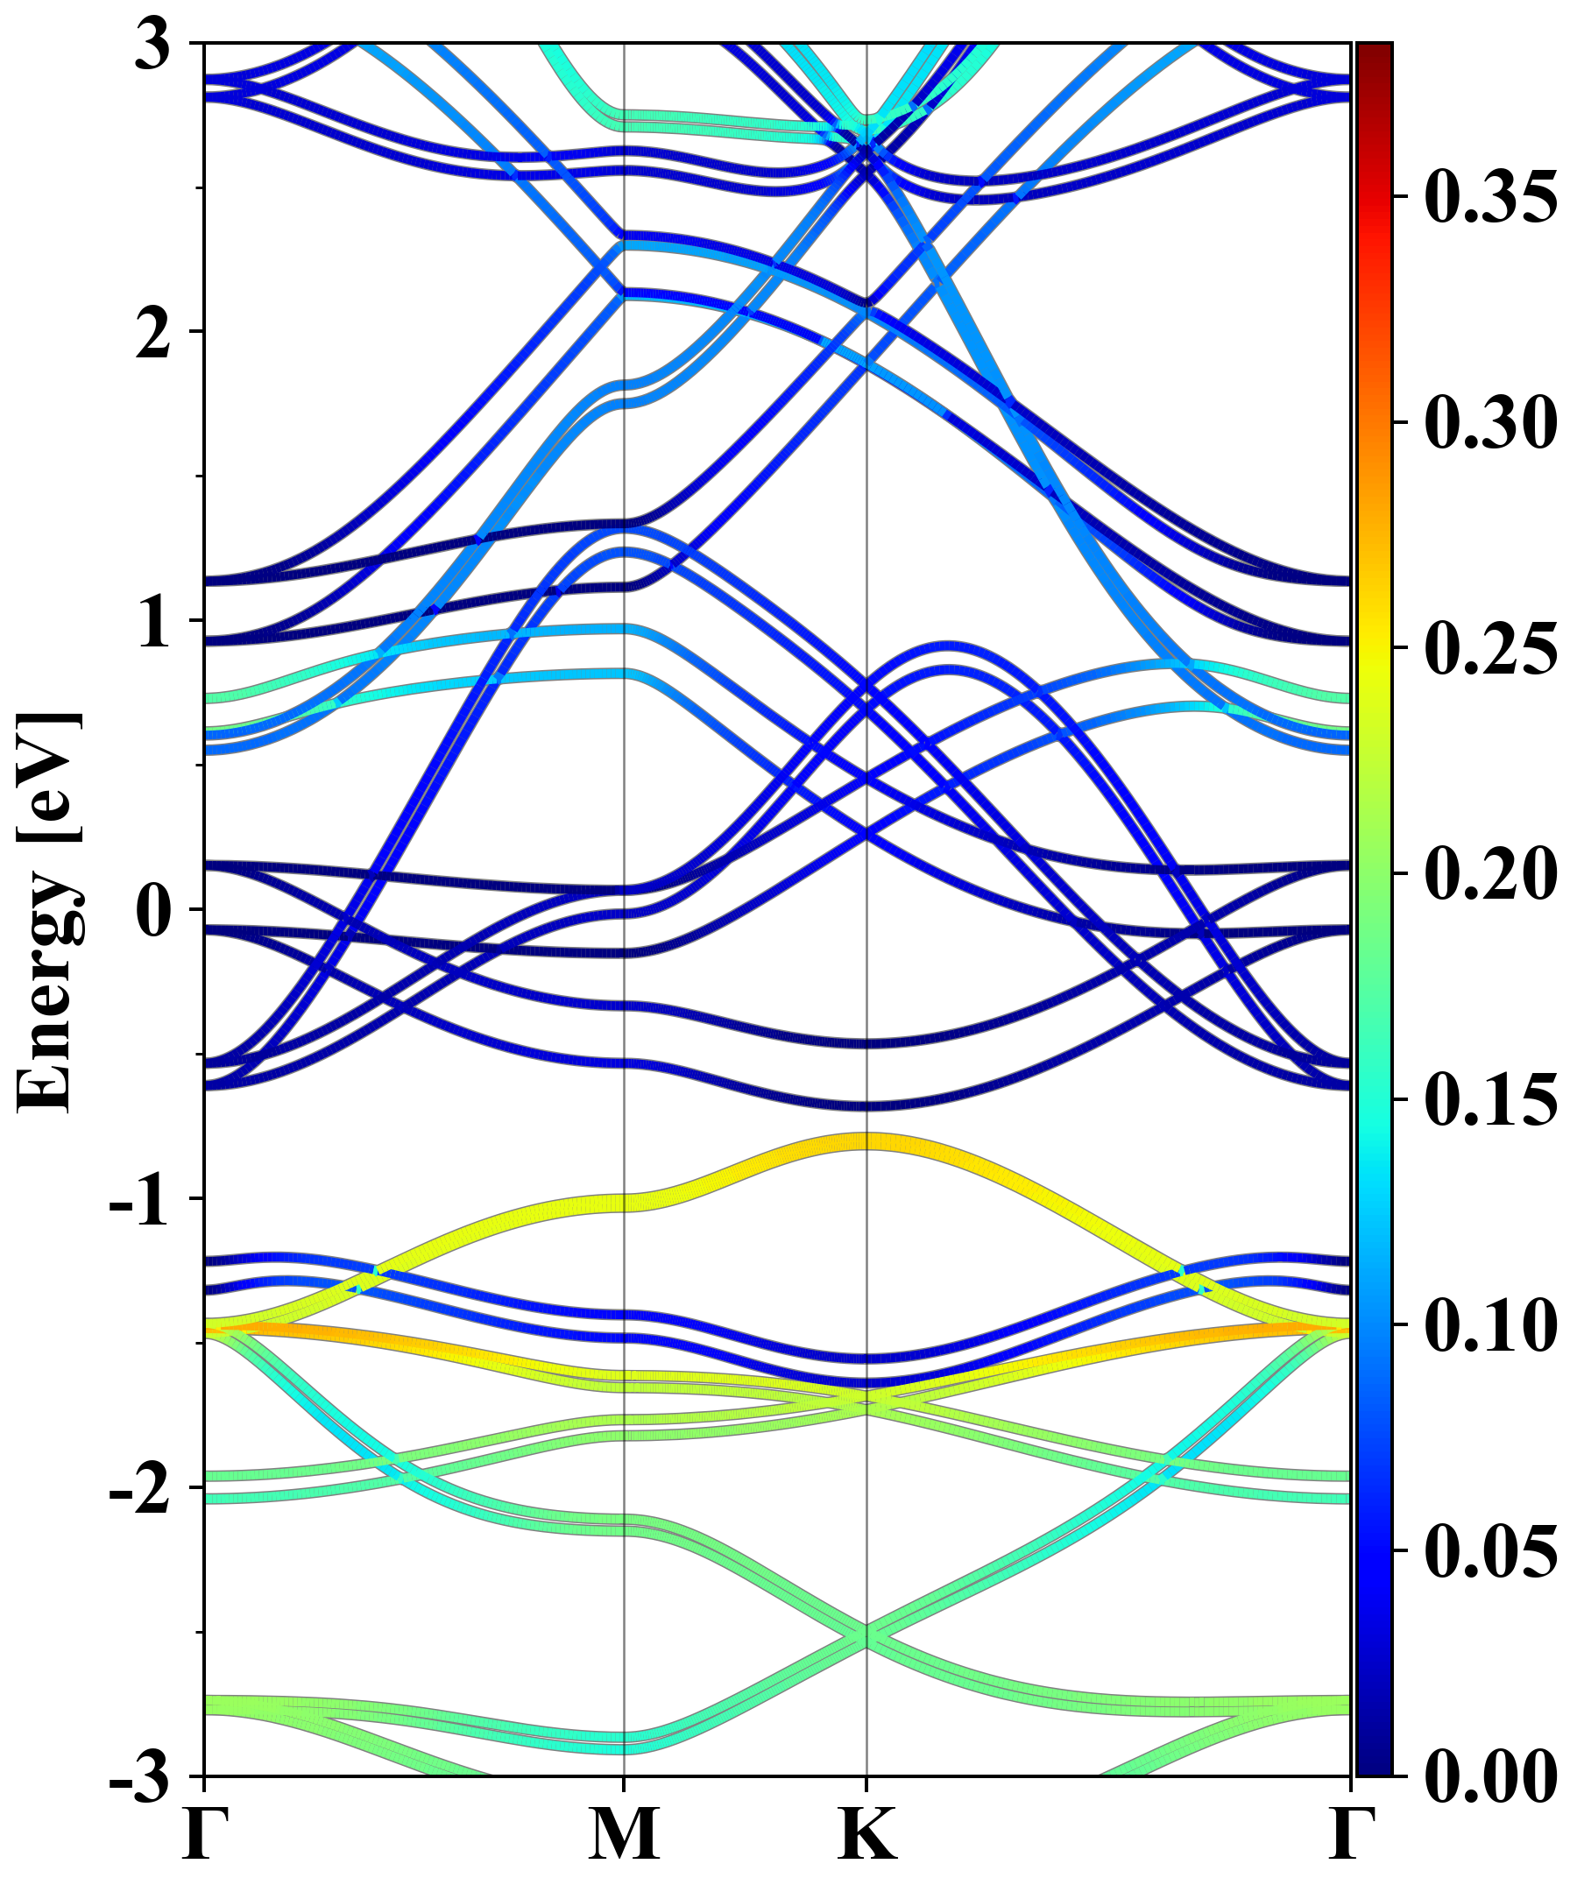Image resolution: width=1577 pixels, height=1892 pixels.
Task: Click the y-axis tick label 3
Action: tap(153, 45)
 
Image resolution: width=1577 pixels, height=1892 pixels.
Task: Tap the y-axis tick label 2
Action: tap(153, 334)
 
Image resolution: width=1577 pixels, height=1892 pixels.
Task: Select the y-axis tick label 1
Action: tap(153, 623)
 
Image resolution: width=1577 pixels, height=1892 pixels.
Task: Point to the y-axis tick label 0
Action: tap(153, 911)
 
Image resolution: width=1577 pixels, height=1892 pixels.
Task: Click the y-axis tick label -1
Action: tap(139, 1200)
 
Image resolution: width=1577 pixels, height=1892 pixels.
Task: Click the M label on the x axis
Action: tap(625, 1833)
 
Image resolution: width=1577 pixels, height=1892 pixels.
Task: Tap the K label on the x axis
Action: tap(866, 1833)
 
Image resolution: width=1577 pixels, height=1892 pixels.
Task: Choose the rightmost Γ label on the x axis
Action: tap(1352, 1833)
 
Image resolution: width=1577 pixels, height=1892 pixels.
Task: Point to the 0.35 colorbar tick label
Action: tap(1490, 195)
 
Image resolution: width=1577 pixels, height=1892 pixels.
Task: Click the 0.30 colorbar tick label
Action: tap(1490, 421)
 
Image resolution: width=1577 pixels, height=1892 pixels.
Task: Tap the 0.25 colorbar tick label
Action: tap(1490, 648)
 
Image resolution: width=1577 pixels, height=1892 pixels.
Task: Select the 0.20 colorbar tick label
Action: tap(1490, 873)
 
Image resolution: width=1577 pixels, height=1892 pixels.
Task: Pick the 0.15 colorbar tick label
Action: tap(1490, 1099)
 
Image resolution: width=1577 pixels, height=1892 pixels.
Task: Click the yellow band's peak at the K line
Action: tap(866, 1141)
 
